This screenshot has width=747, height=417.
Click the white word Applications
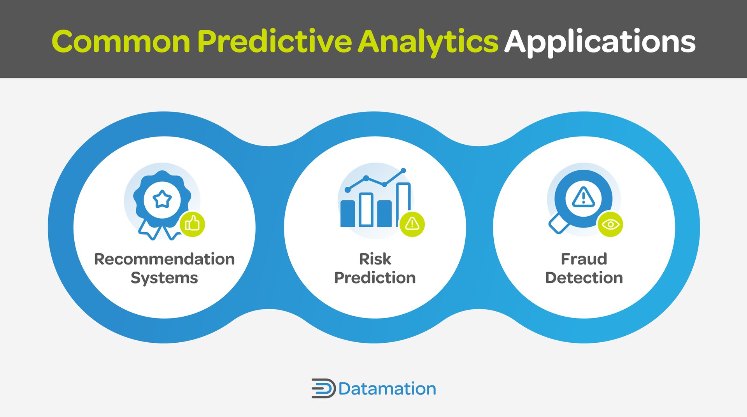pyautogui.click(x=600, y=42)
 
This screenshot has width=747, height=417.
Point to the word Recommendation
pyautogui.click(x=164, y=259)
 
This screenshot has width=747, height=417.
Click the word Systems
pyautogui.click(x=164, y=278)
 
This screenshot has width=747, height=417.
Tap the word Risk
pyautogui.click(x=375, y=259)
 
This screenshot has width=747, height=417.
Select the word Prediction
pyautogui.click(x=375, y=278)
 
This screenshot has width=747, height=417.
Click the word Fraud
pyautogui.click(x=584, y=259)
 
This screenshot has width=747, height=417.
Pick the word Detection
pyautogui.click(x=584, y=278)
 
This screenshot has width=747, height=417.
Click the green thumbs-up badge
pyautogui.click(x=192, y=224)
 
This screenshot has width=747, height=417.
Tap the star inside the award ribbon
pyautogui.click(x=162, y=200)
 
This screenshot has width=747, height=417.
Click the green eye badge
pyautogui.click(x=610, y=224)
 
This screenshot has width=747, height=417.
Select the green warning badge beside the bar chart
pyautogui.click(x=412, y=224)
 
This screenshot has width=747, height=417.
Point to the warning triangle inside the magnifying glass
pyautogui.click(x=583, y=197)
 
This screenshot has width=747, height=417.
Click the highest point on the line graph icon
pyautogui.click(x=403, y=170)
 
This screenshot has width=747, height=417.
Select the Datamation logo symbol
pyautogui.click(x=323, y=388)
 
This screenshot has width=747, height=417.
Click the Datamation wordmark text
pyautogui.click(x=387, y=389)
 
